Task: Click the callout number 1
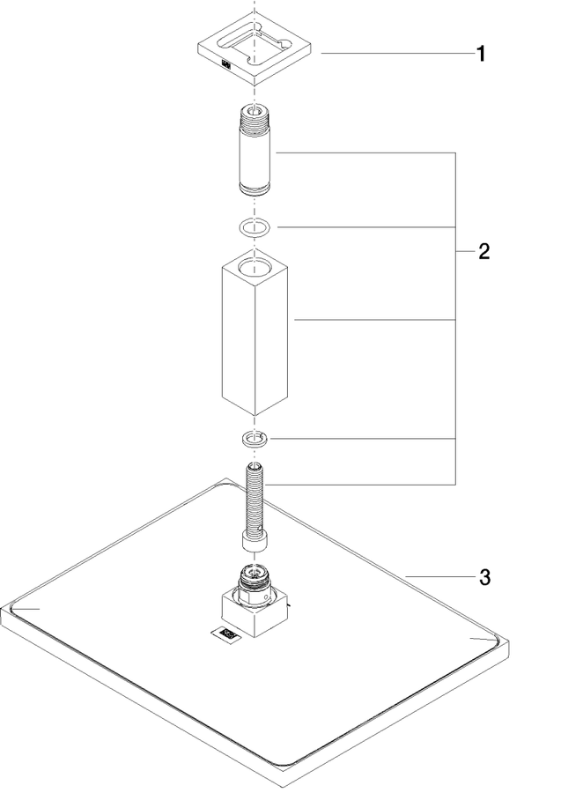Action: coord(481,54)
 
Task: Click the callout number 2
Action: coord(483,251)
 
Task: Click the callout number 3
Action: coord(484,577)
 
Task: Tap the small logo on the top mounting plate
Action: coord(226,64)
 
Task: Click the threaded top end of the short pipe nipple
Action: coord(255,117)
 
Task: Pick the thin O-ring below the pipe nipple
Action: coord(255,227)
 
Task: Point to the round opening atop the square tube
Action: coord(255,265)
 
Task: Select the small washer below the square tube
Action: coord(255,438)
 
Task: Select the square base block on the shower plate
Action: coord(255,612)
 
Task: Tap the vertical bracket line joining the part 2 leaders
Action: coord(456,319)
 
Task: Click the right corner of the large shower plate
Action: coord(508,642)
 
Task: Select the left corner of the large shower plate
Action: coord(2,610)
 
